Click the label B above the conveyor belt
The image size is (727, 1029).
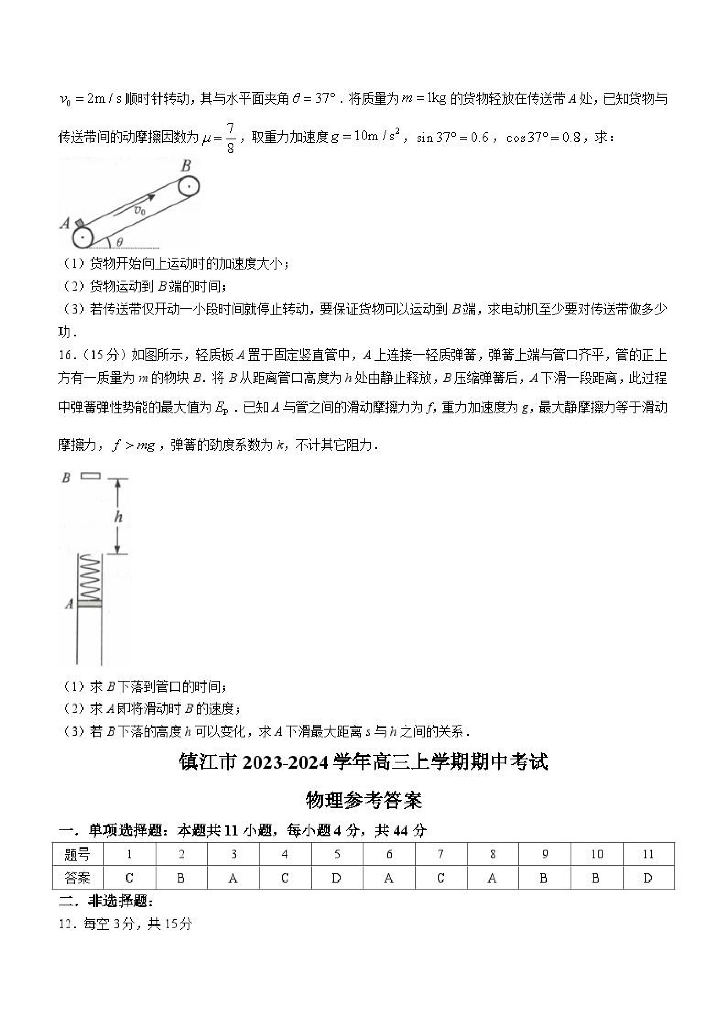tap(185, 166)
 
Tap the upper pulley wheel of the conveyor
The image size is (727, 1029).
tap(189, 186)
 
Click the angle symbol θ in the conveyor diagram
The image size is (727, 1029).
tap(120, 242)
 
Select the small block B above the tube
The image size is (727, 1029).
tap(91, 476)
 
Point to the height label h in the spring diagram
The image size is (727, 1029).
tap(118, 517)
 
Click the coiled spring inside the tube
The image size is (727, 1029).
tap(90, 579)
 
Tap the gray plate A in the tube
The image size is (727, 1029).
tap(90, 605)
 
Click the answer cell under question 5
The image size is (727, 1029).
tap(337, 878)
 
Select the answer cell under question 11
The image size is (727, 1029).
tap(648, 878)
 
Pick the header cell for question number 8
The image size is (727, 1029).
tap(492, 854)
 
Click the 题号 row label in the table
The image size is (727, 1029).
tap(77, 854)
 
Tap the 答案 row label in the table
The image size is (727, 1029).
tap(77, 878)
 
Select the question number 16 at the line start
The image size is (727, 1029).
tap(65, 355)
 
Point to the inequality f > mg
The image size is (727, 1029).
tap(134, 445)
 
